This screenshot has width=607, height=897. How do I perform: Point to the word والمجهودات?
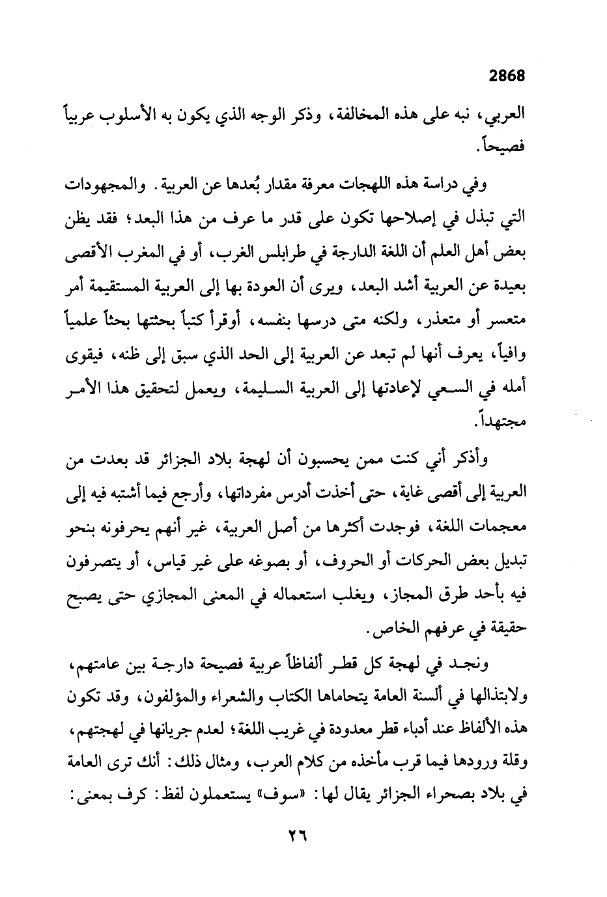[x=106, y=184]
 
